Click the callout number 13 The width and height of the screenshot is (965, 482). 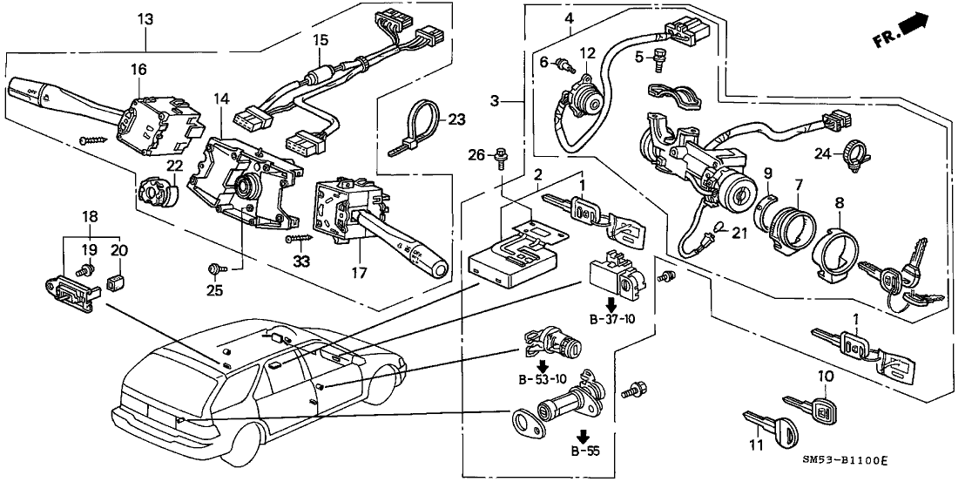point(145,20)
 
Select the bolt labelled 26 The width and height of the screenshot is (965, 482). point(503,159)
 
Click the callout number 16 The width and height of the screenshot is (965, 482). point(138,69)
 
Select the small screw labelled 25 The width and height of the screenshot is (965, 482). point(215,268)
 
